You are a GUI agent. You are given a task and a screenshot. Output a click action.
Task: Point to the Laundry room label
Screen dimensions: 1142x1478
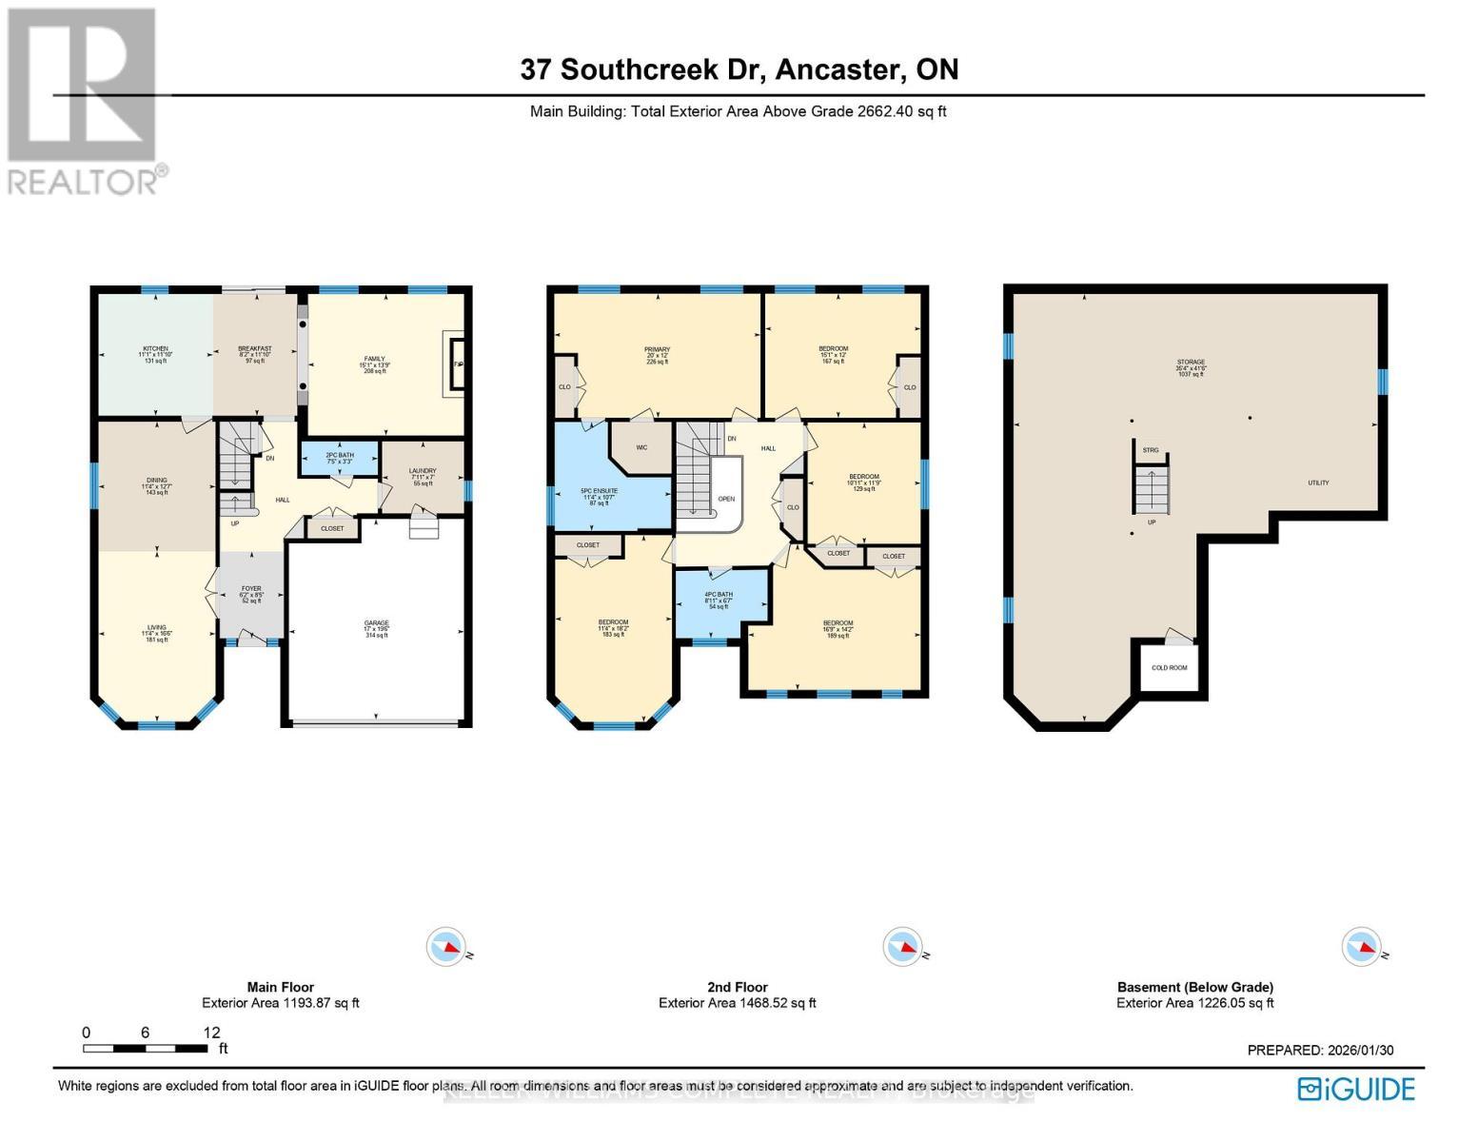tap(423, 474)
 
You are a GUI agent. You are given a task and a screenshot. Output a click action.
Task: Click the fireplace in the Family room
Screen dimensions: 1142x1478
tap(455, 364)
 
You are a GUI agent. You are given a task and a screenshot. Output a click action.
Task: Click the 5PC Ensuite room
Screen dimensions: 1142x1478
tap(600, 496)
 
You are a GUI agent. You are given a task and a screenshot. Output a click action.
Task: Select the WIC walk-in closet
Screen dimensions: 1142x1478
tap(641, 447)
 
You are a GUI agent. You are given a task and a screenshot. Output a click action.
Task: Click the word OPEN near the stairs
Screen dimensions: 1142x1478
tap(726, 499)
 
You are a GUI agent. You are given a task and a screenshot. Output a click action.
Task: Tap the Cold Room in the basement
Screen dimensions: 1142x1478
tap(1170, 667)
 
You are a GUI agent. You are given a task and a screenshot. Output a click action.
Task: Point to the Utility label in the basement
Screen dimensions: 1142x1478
tap(1318, 483)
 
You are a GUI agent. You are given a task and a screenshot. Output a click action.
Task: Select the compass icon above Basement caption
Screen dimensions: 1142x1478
tap(1360, 947)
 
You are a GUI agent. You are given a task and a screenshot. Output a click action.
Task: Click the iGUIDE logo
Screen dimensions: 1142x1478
tap(1357, 1089)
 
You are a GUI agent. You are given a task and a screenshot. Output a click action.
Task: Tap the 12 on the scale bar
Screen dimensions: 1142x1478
tap(211, 1033)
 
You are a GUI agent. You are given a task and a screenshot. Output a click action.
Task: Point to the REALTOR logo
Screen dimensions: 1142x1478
tap(84, 100)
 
